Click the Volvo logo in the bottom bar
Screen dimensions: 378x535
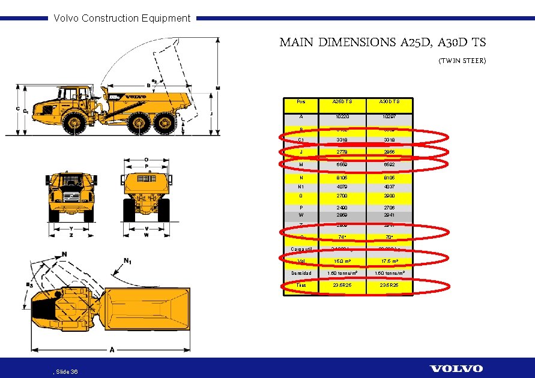pos(456,368)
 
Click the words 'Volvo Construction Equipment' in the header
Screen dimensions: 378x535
pos(122,18)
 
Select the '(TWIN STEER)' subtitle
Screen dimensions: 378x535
pos(462,61)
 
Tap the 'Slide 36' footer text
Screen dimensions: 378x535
pos(65,372)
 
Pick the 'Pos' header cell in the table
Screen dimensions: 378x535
pos(300,102)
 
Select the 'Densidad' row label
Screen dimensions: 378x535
pos(301,273)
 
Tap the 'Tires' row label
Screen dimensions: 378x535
pos(301,286)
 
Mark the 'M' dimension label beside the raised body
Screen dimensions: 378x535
pos(217,88)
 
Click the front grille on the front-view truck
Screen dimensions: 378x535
pos(70,197)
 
